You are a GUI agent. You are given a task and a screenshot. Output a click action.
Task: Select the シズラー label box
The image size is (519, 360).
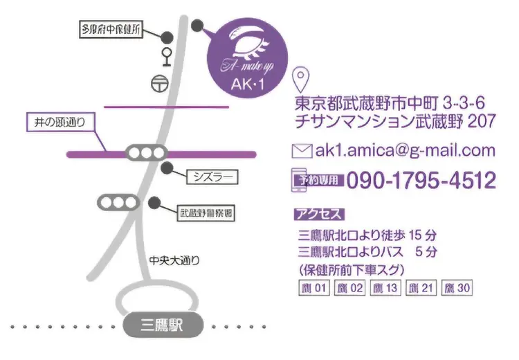(212, 178)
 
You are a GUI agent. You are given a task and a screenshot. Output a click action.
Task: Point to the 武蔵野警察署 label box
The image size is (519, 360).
(206, 213)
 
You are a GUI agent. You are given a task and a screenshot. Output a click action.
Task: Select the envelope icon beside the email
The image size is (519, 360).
(302, 150)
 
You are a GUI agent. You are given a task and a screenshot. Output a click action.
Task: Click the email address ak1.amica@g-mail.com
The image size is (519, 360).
(405, 150)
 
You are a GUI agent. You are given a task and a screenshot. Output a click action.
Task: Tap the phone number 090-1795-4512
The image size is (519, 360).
(421, 181)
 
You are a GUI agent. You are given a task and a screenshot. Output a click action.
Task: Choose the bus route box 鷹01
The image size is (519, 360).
(312, 287)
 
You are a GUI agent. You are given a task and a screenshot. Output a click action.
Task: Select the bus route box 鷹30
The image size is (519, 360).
(457, 287)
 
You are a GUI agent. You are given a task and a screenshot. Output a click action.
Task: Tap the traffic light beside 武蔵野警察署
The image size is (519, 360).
(117, 202)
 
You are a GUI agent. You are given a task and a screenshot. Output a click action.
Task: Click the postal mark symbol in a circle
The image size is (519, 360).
(159, 82)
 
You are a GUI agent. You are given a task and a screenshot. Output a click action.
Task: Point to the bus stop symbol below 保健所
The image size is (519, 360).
(167, 55)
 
